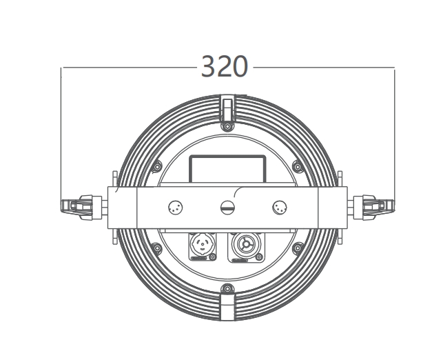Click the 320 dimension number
(225, 67)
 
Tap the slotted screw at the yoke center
(227, 208)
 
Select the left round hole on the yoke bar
(176, 208)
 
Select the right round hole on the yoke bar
(280, 208)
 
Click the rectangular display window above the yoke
(227, 169)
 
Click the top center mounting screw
(227, 126)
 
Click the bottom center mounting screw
(227, 289)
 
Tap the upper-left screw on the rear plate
(157, 166)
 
